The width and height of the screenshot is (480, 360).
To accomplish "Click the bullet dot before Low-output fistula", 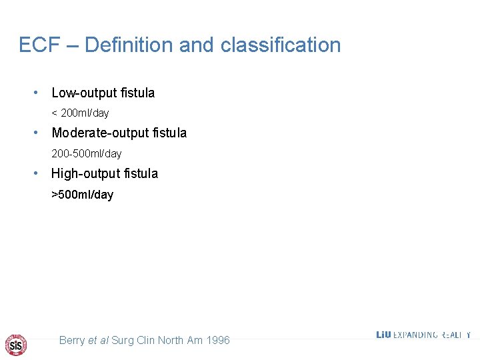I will [x=39, y=93].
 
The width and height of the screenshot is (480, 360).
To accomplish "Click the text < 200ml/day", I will [x=80, y=113].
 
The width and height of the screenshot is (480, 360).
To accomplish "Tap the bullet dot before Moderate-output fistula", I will [x=39, y=133].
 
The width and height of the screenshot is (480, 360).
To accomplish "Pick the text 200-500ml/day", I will [x=87, y=154].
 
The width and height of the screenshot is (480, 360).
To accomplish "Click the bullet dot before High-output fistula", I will [x=39, y=173].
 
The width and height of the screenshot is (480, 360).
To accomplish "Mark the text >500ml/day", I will [x=83, y=195].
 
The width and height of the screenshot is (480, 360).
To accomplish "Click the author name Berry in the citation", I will [x=72, y=341].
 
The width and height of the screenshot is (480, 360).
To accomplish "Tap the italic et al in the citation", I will [x=99, y=341].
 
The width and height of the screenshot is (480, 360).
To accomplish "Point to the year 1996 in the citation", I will [x=218, y=341].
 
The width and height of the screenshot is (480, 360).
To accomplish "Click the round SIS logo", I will [x=16, y=345].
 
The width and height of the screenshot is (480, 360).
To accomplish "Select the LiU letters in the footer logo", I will [x=383, y=335].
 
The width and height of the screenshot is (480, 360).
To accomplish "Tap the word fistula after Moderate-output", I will [x=169, y=133].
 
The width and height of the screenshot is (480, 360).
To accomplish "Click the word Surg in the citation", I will [x=122, y=341].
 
